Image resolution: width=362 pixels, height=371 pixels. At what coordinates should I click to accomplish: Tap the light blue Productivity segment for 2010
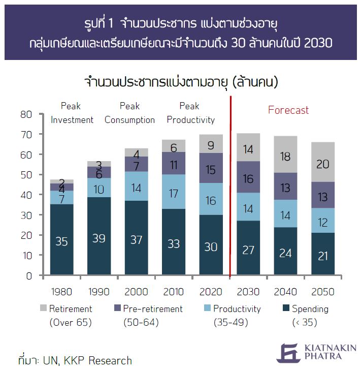174,193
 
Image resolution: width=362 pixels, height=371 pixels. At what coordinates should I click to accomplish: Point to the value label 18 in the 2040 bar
286,156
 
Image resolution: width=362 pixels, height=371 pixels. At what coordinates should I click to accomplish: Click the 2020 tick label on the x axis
211,292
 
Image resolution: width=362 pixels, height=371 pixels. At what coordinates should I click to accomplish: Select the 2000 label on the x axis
136,292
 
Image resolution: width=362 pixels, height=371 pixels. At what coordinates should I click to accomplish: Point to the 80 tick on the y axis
26,114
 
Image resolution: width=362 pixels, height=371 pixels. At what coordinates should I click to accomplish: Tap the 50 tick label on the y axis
26,175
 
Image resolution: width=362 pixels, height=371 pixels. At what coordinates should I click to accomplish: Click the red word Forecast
288,110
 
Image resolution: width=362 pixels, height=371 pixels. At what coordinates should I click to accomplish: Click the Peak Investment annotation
72,113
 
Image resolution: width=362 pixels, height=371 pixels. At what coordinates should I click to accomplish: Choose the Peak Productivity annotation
190,113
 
